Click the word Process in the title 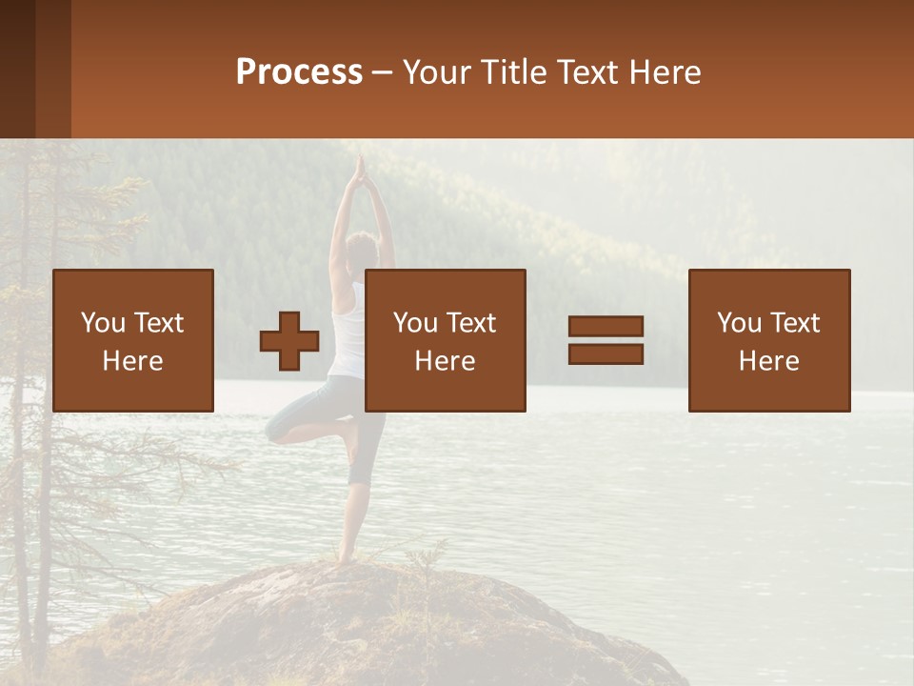[x=299, y=72]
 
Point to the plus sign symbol [x=289, y=341]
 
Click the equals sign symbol [x=606, y=340]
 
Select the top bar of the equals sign [x=606, y=327]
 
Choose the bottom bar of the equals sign [x=606, y=353]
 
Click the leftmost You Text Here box [x=132, y=340]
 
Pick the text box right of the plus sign [x=445, y=340]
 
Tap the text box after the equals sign [x=768, y=340]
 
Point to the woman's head [x=361, y=250]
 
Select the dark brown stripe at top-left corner [x=17, y=69]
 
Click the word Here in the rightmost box [x=768, y=361]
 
